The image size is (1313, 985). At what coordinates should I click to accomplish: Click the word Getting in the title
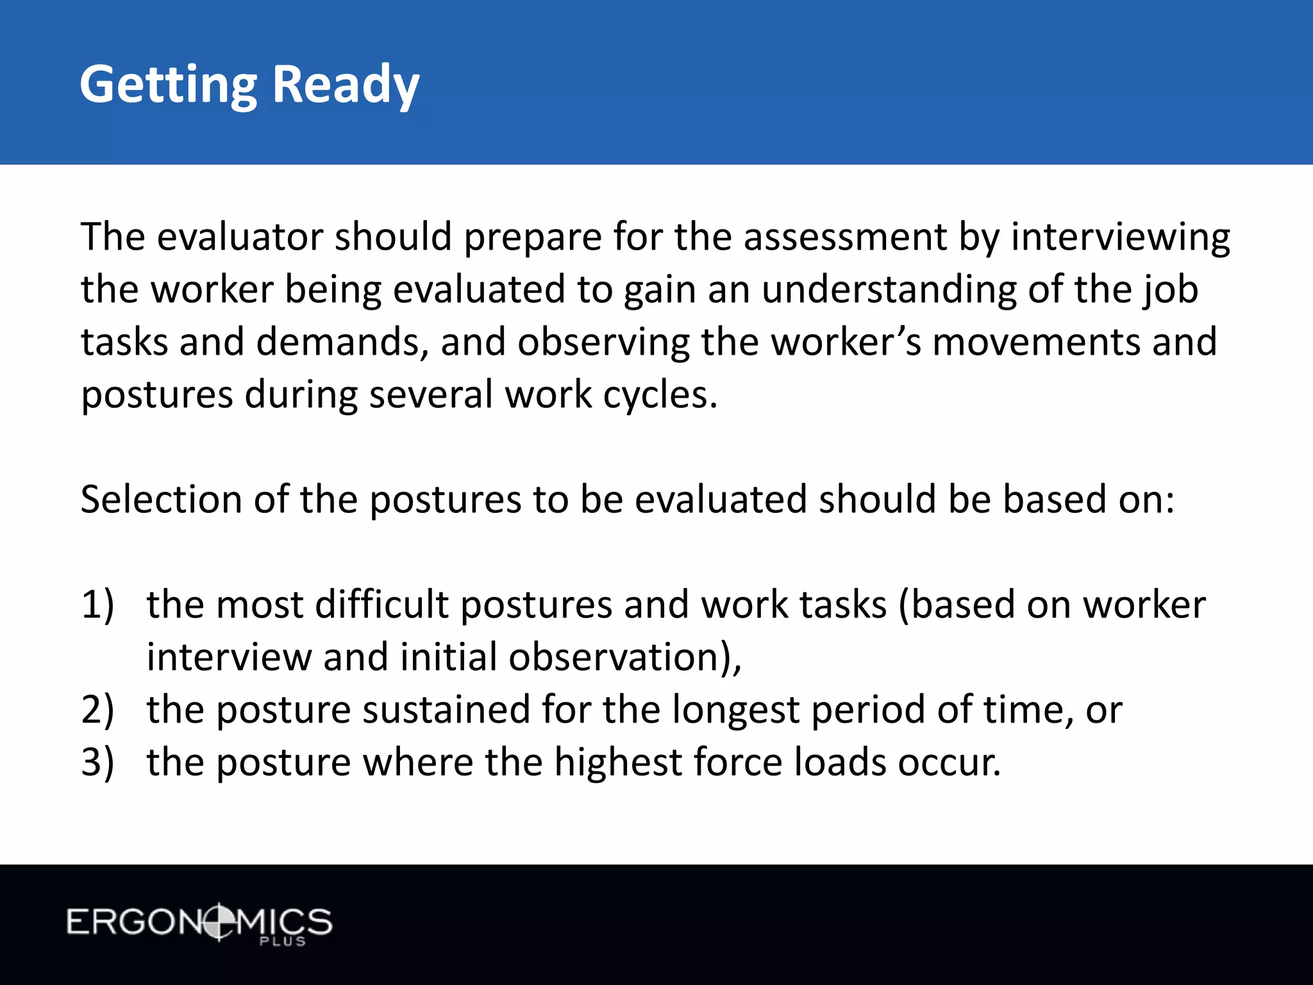pyautogui.click(x=168, y=85)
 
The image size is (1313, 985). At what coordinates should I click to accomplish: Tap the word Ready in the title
pyautogui.click(x=346, y=85)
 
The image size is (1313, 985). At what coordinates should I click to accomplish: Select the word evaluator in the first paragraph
pyautogui.click(x=240, y=237)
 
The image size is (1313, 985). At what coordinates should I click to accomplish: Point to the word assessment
pyautogui.click(x=845, y=237)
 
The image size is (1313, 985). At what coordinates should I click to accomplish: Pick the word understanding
pyautogui.click(x=889, y=290)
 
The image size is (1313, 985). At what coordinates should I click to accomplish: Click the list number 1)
pyautogui.click(x=97, y=605)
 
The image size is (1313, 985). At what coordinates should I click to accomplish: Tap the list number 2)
pyautogui.click(x=97, y=710)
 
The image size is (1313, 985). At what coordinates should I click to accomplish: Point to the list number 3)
pyautogui.click(x=97, y=762)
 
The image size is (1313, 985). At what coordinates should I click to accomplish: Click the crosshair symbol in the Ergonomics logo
pyautogui.click(x=219, y=922)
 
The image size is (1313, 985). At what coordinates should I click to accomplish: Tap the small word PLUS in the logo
pyautogui.click(x=283, y=941)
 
